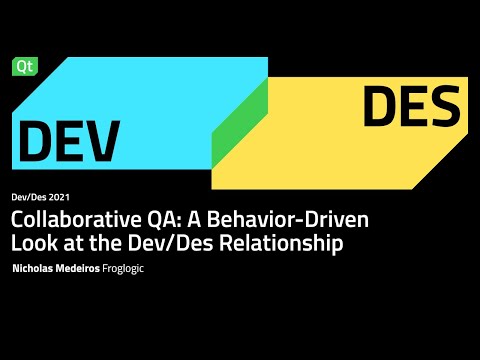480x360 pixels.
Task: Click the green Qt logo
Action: point(22,65)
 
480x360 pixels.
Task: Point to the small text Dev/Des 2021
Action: point(39,197)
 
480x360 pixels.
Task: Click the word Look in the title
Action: point(32,243)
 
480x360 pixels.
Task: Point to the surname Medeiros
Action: point(86,269)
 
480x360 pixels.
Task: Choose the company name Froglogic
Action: point(130,269)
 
